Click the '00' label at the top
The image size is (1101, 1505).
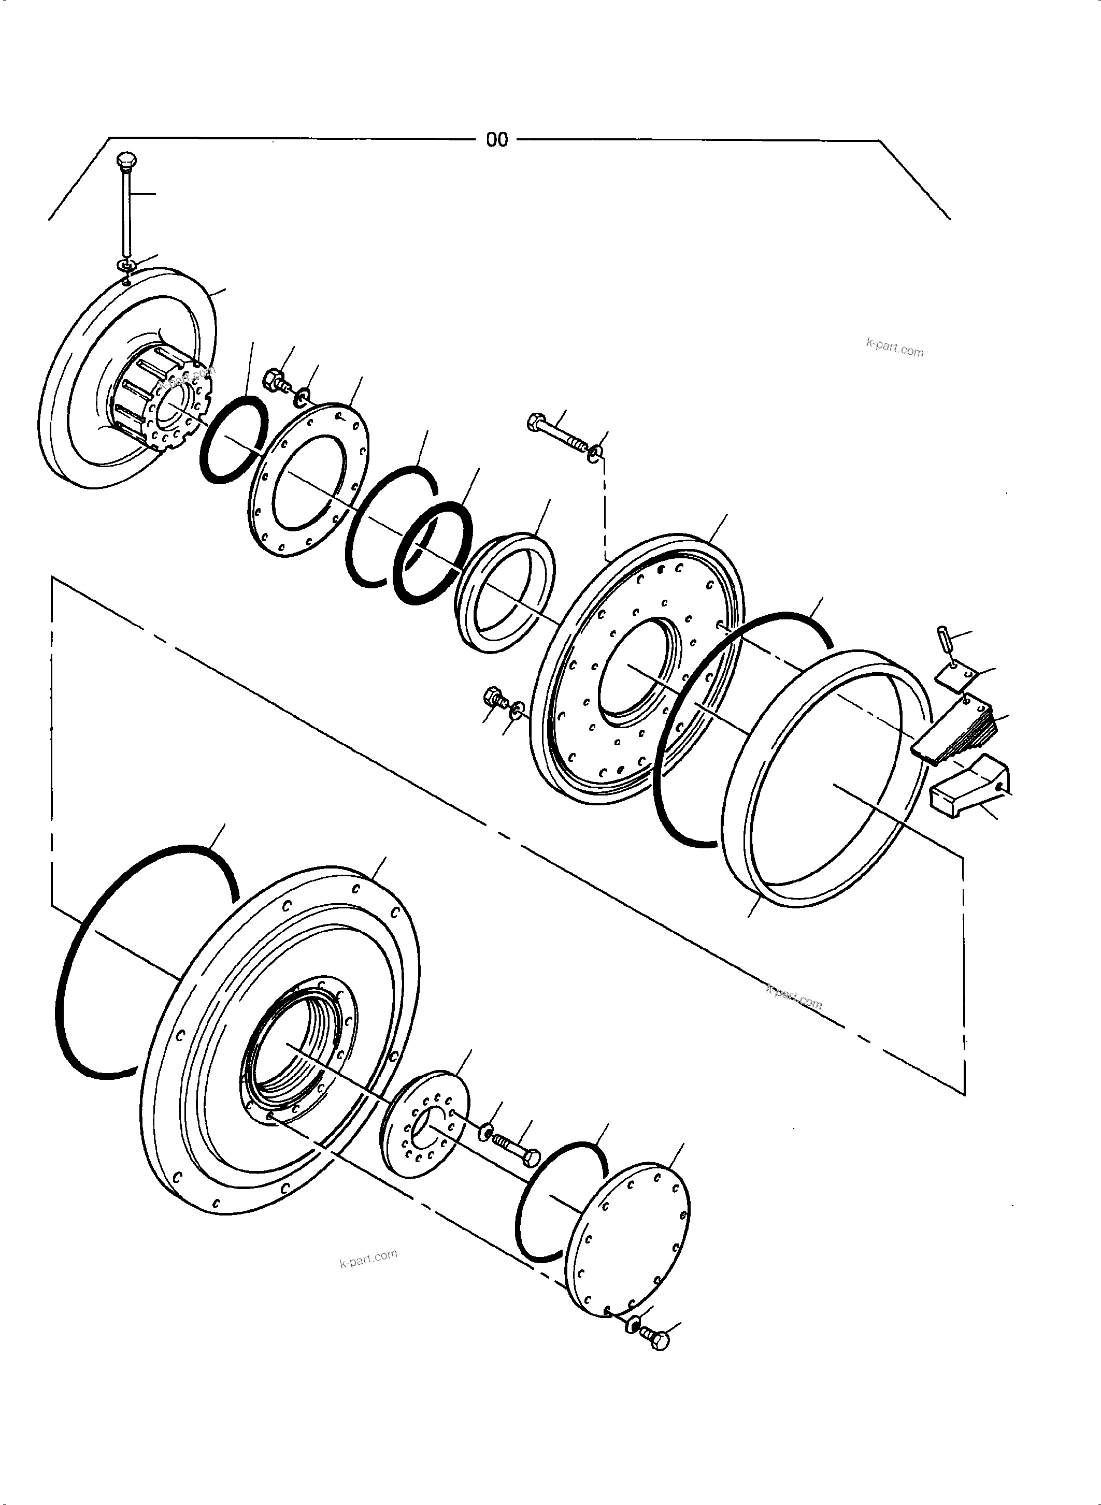(496, 140)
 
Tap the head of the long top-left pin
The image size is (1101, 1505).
(125, 160)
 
